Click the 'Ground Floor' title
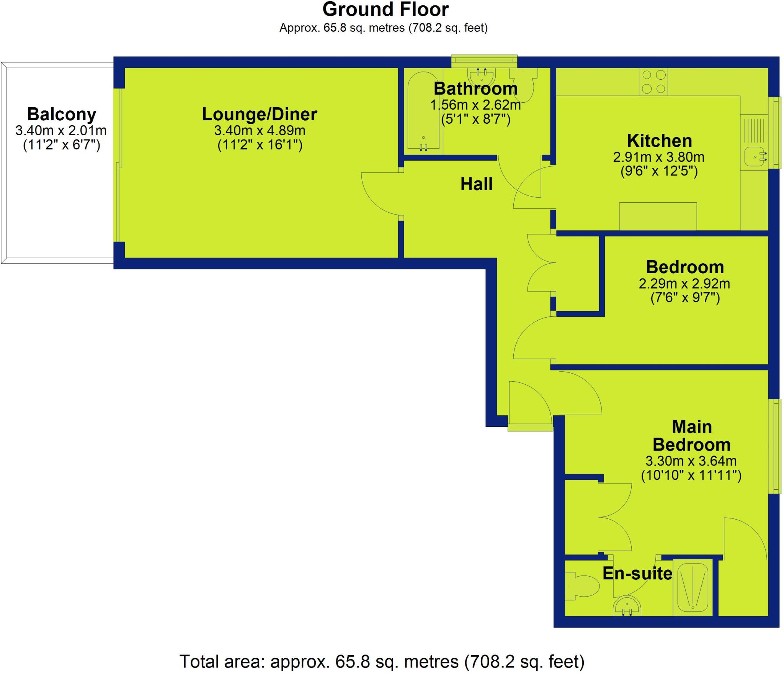tap(385, 10)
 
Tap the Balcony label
tap(61, 114)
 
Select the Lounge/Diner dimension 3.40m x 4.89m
tap(260, 131)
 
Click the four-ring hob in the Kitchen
tap(653, 82)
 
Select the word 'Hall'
tap(476, 184)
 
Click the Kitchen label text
tap(659, 141)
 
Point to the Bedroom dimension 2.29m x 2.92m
tap(684, 284)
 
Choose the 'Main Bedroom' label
tap(691, 436)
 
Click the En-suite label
tap(637, 573)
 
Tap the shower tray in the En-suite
tap(693, 592)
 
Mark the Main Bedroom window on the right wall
tap(776, 446)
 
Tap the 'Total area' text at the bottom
tap(382, 661)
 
